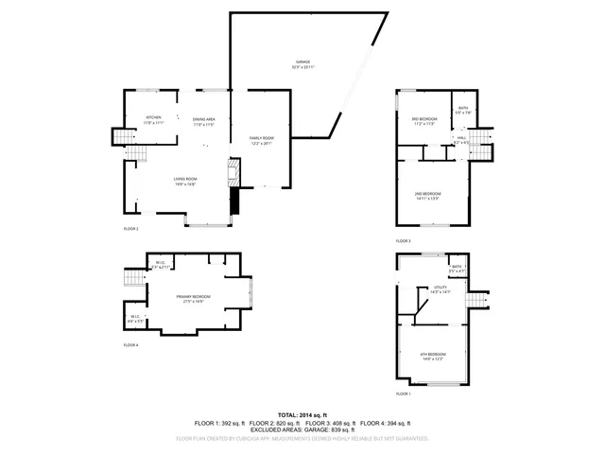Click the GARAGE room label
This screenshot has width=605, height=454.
(x=302, y=64)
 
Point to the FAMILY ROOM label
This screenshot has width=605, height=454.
(x=262, y=141)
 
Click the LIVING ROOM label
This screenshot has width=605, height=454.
(x=184, y=182)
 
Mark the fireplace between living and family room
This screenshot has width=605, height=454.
(x=235, y=173)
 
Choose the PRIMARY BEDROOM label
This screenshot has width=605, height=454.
(x=192, y=299)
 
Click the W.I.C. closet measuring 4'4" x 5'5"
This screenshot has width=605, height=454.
(x=135, y=319)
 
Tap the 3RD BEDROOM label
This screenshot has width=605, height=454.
(x=423, y=121)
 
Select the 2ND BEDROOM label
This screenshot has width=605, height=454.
(x=428, y=196)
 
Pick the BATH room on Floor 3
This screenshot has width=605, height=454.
(x=462, y=110)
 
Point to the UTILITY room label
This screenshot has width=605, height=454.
(x=440, y=289)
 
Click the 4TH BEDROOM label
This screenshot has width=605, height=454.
(x=431, y=357)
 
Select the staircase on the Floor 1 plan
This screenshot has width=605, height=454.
(x=478, y=299)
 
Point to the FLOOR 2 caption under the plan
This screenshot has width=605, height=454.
(x=130, y=229)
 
